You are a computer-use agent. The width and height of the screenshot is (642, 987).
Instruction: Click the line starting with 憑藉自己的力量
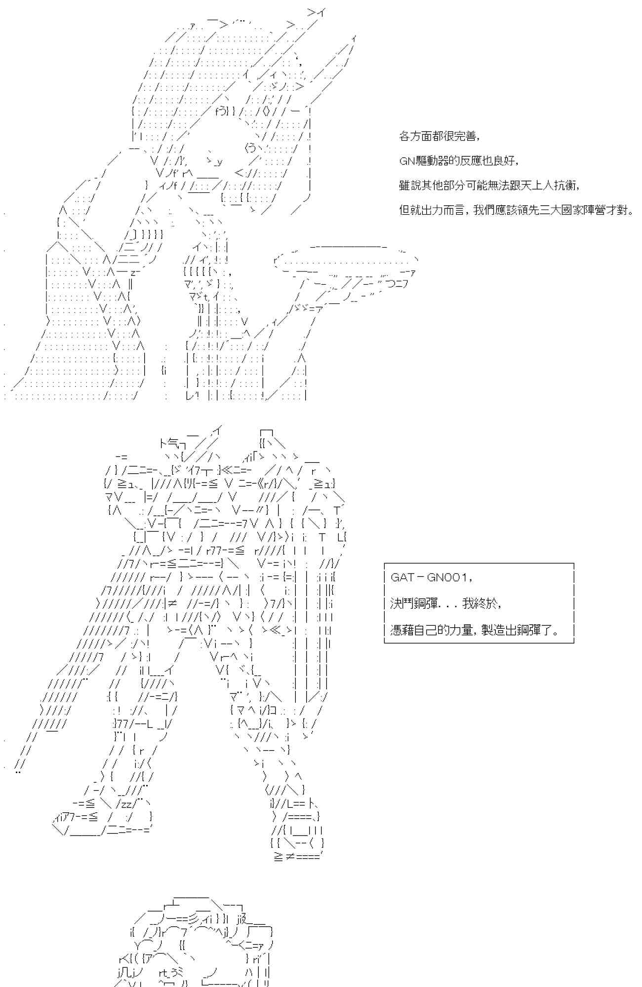click(x=474, y=630)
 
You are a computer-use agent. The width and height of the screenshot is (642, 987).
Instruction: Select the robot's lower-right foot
click(x=296, y=839)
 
